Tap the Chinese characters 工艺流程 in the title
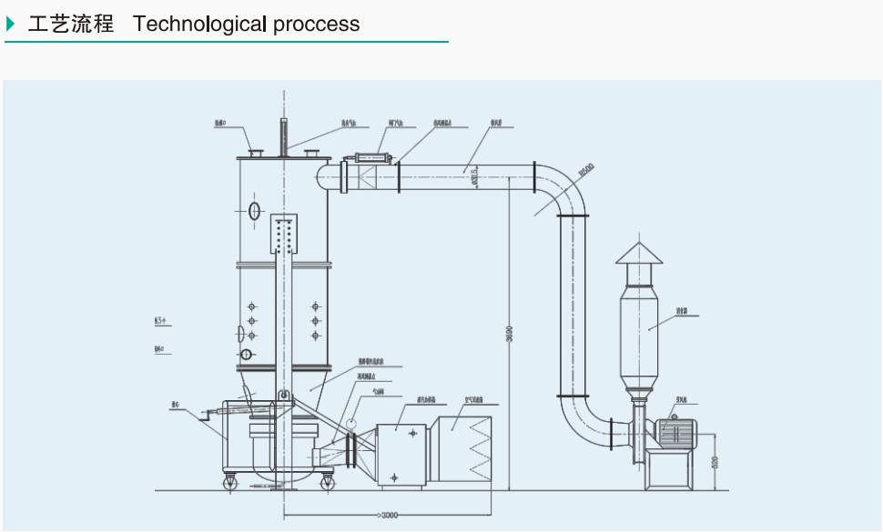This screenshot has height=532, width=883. click(70, 24)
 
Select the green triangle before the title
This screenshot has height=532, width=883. click(11, 24)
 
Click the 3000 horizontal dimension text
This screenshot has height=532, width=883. click(387, 516)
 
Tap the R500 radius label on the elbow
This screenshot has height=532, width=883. click(585, 170)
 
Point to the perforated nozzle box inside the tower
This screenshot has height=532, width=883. click(285, 235)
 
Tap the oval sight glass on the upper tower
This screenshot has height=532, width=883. click(254, 211)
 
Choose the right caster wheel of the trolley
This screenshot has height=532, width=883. click(326, 483)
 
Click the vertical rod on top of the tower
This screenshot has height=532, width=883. click(283, 136)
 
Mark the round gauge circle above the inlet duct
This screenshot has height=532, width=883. click(350, 423)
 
